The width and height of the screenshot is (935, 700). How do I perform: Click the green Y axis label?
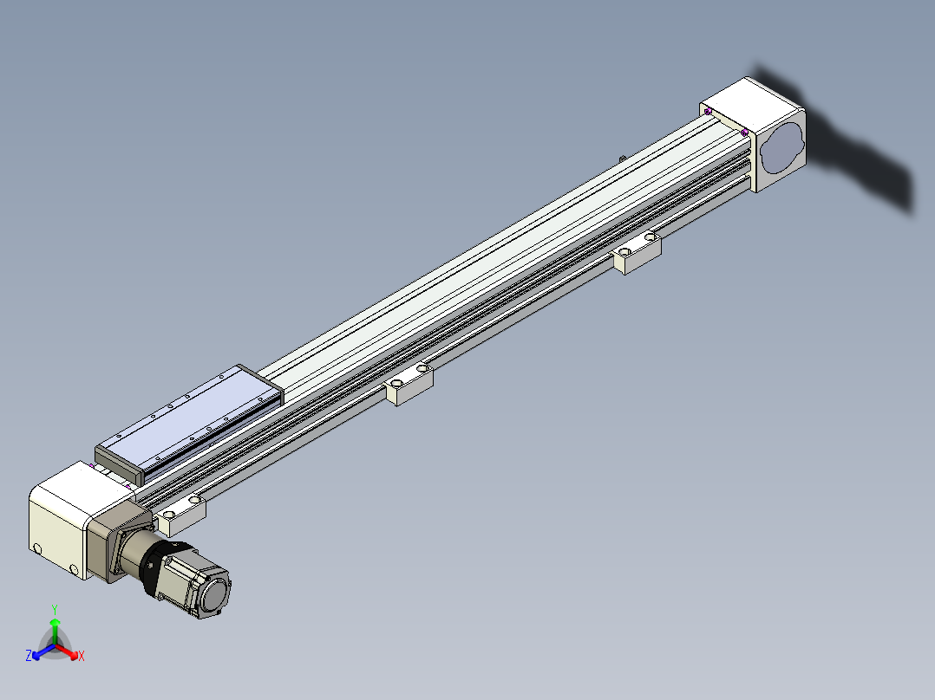pos(55,609)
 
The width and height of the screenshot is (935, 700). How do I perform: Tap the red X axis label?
pos(82,656)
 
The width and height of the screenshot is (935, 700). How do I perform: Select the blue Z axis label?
pos(28,655)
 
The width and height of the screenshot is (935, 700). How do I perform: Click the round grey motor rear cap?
pos(214,594)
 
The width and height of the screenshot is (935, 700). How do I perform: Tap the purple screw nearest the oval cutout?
pos(744,133)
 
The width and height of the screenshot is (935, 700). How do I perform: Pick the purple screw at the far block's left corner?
pos(708,112)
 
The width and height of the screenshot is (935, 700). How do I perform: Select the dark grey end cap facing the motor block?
pos(120,465)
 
